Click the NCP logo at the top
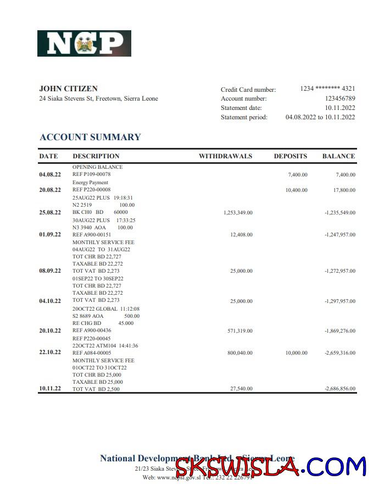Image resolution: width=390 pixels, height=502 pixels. [x=84, y=43]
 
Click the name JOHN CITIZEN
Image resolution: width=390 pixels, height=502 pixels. [x=69, y=89]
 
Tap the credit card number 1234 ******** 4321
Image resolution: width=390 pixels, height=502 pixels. [x=327, y=89]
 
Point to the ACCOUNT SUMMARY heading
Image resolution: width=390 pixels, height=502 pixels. [x=90, y=137]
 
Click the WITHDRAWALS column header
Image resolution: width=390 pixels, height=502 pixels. [x=225, y=156]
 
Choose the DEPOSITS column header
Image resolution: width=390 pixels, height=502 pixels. [x=291, y=156]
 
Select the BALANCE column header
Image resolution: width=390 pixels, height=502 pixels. [x=338, y=156]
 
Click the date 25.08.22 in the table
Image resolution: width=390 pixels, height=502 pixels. [x=50, y=212]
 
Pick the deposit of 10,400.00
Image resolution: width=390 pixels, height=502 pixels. [x=297, y=190]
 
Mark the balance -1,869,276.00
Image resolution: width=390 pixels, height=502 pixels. [x=340, y=331]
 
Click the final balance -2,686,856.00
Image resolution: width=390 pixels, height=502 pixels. [x=340, y=389]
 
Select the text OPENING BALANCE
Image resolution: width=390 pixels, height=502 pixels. [x=97, y=167]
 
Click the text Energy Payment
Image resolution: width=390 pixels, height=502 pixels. [x=90, y=183]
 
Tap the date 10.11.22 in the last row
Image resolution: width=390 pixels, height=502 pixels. [x=50, y=389]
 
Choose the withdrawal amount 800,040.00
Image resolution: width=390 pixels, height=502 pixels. [x=240, y=352]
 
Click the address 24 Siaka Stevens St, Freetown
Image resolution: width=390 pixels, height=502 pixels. [x=98, y=99]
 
